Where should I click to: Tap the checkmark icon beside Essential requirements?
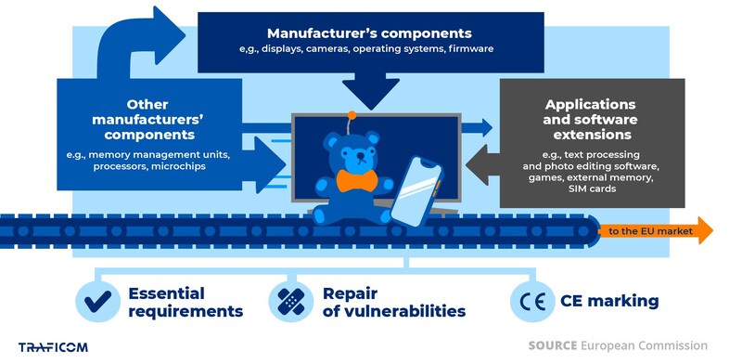coord(96,301)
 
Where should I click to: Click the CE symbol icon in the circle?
coord(529,301)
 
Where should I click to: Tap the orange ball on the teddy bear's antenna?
coord(351,118)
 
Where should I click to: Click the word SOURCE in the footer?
coord(552,345)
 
